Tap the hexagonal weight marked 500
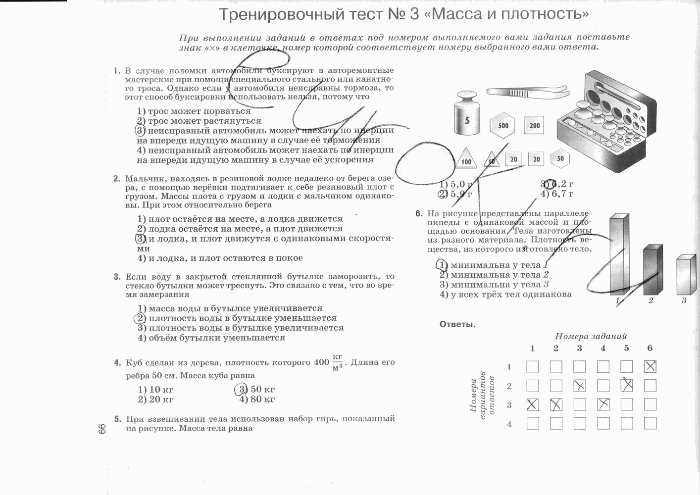pyautogui.click(x=503, y=125)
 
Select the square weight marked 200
pyautogui.click(x=535, y=125)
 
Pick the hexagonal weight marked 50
pyautogui.click(x=560, y=159)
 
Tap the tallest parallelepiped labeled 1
pyautogui.click(x=619, y=255)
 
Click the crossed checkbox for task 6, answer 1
pyautogui.click(x=650, y=367)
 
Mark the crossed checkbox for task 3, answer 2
pyautogui.click(x=579, y=386)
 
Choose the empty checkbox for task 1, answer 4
pyautogui.click(x=532, y=424)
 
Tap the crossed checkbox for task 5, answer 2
pyautogui.click(x=627, y=386)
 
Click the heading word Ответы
pyautogui.click(x=457, y=325)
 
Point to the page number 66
pyautogui.click(x=102, y=429)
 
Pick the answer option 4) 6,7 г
pyautogui.click(x=557, y=194)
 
